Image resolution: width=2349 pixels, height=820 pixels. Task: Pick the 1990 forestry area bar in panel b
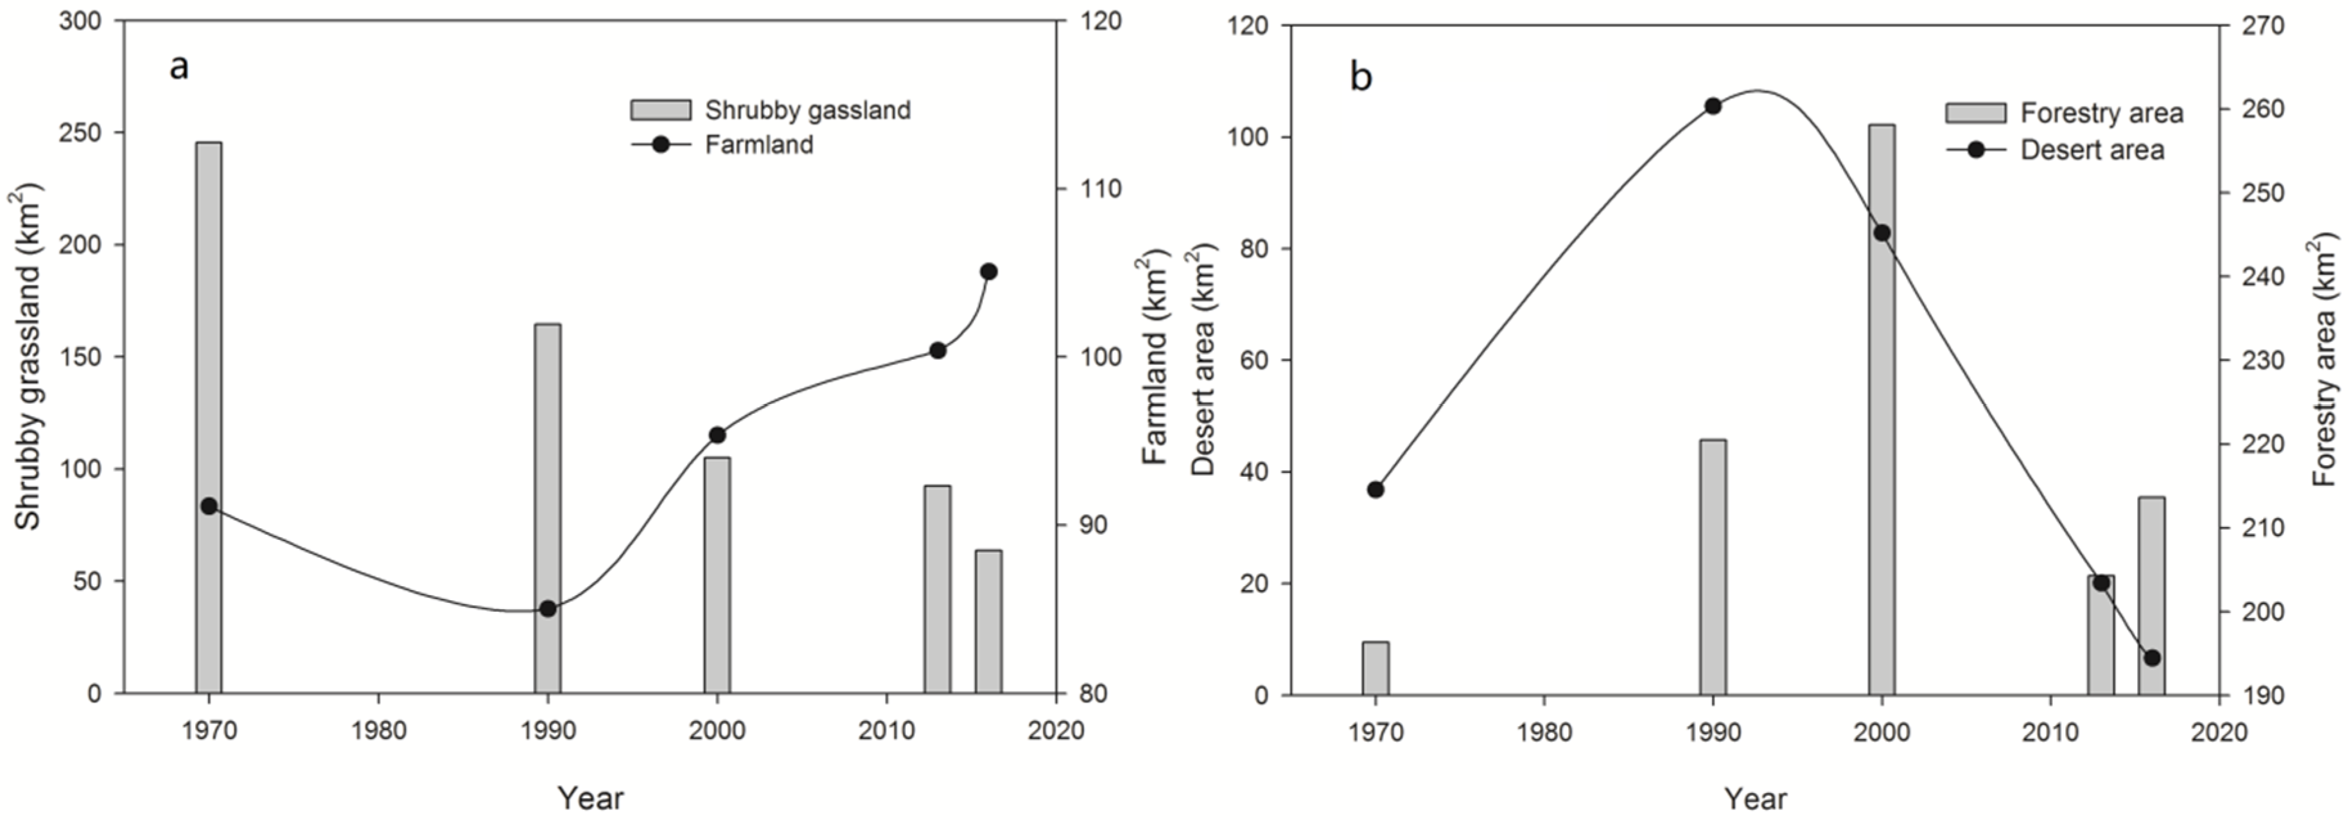pyautogui.click(x=1713, y=566)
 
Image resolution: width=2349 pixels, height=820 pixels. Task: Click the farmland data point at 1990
pyautogui.click(x=547, y=609)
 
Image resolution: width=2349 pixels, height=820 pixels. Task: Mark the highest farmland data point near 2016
pyautogui.click(x=988, y=272)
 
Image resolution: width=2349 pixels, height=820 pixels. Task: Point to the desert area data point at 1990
pyautogui.click(x=1713, y=106)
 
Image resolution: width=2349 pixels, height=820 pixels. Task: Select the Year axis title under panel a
pyautogui.click(x=590, y=798)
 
